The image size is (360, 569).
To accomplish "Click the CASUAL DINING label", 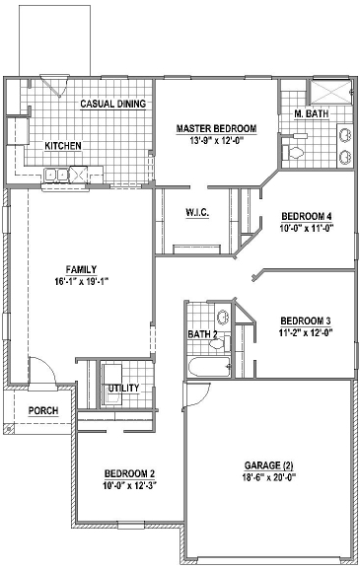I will click(x=112, y=104).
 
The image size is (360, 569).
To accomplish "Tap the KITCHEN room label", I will click(x=63, y=146).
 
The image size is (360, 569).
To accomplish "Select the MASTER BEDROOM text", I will click(x=216, y=129).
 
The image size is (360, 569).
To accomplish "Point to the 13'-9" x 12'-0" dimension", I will click(x=216, y=141).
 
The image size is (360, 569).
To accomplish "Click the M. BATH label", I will click(x=311, y=115).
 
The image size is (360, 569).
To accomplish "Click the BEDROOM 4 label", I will click(x=306, y=216).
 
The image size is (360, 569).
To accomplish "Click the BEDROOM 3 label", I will click(x=305, y=320).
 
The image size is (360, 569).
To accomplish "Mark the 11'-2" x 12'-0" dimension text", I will click(x=305, y=333).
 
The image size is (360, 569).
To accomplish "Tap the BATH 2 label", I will click(x=203, y=335).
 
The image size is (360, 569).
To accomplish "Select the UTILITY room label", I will click(x=123, y=388).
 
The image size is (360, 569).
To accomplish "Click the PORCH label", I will click(x=42, y=411).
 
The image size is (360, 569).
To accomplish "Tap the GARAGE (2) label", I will click(x=268, y=464).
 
